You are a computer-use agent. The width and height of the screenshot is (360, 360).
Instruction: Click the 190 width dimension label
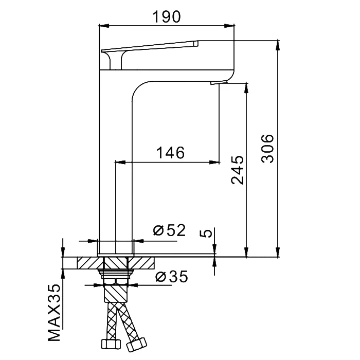click(167, 17)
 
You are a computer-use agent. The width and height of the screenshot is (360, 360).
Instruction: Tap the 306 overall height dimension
click(267, 149)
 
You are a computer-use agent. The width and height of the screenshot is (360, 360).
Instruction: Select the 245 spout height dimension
click(237, 170)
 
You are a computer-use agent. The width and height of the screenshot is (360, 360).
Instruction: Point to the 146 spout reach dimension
click(170, 153)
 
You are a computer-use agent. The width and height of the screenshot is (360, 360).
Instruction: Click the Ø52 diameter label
click(169, 230)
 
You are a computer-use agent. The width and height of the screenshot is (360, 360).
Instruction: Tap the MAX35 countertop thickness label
click(54, 313)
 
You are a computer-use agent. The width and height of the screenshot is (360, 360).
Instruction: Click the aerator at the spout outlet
click(219, 82)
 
